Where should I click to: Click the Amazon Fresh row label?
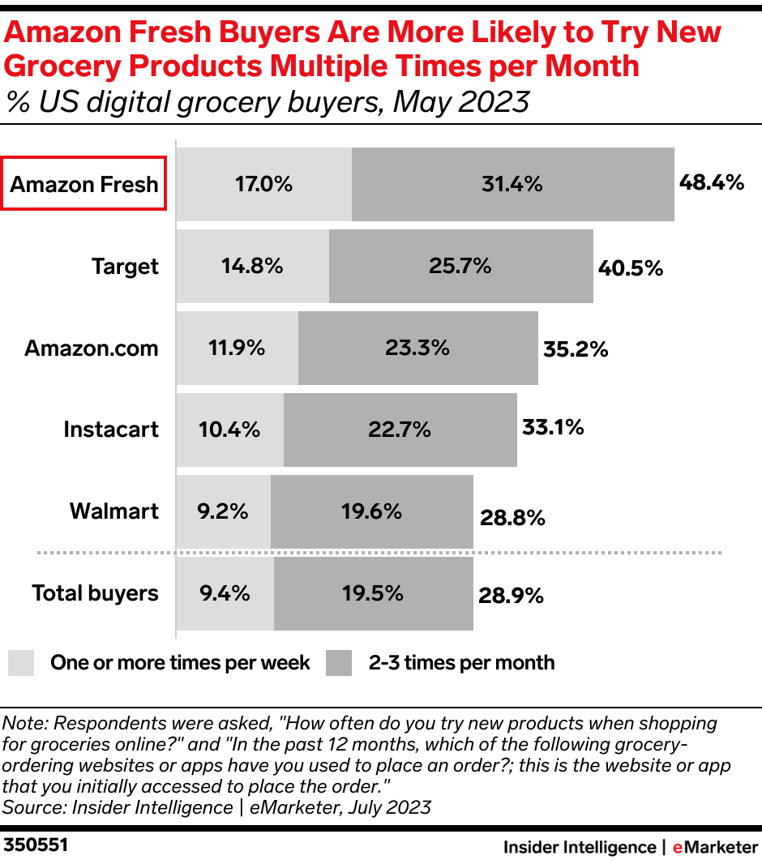[84, 184]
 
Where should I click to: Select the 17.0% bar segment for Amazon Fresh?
[263, 184]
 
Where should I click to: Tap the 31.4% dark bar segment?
[512, 184]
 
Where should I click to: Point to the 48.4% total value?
[711, 182]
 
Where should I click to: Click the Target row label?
[126, 267]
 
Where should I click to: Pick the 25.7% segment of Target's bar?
[460, 266]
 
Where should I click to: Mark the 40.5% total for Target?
[631, 267]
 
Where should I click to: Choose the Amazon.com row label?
[92, 349]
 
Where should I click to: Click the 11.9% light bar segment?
[237, 349]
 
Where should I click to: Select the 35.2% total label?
[575, 349]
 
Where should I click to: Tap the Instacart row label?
[111, 430]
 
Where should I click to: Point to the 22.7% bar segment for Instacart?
[400, 430]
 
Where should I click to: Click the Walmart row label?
[114, 511]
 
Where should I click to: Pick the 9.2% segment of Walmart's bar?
[223, 511]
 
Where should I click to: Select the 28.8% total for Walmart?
[512, 517]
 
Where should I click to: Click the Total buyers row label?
[96, 593]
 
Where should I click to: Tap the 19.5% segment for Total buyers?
[373, 593]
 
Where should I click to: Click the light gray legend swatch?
[21, 663]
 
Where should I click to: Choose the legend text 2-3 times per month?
[461, 663]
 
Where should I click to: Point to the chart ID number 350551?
[36, 845]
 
